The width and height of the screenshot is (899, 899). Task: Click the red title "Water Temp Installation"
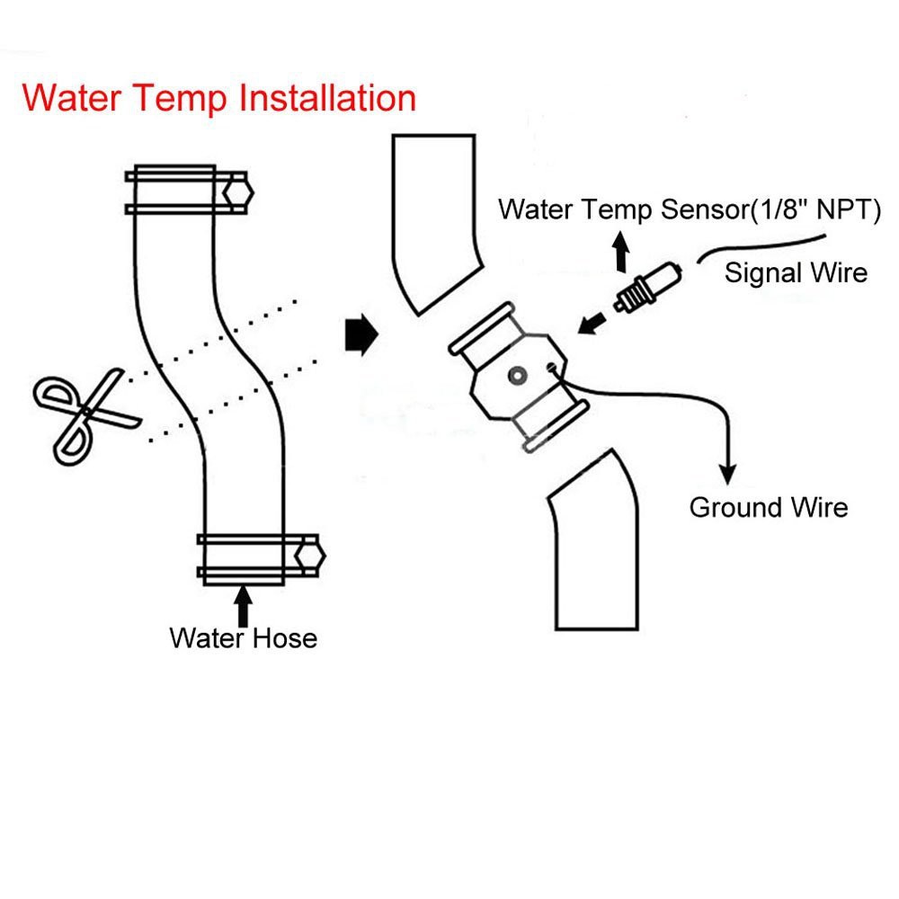[x=219, y=97]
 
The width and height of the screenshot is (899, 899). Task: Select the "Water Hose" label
[x=243, y=638]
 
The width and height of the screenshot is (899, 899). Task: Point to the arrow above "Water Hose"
[x=243, y=603]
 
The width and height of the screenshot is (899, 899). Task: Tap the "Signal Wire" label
[x=796, y=271]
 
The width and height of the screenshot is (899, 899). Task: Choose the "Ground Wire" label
[x=768, y=507]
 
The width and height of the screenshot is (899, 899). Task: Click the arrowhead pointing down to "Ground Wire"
[x=728, y=472]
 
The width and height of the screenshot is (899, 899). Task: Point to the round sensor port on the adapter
[x=517, y=376]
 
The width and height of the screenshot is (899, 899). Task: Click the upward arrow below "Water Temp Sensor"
[x=620, y=254]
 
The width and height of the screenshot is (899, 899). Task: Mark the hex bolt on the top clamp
[x=237, y=191]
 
